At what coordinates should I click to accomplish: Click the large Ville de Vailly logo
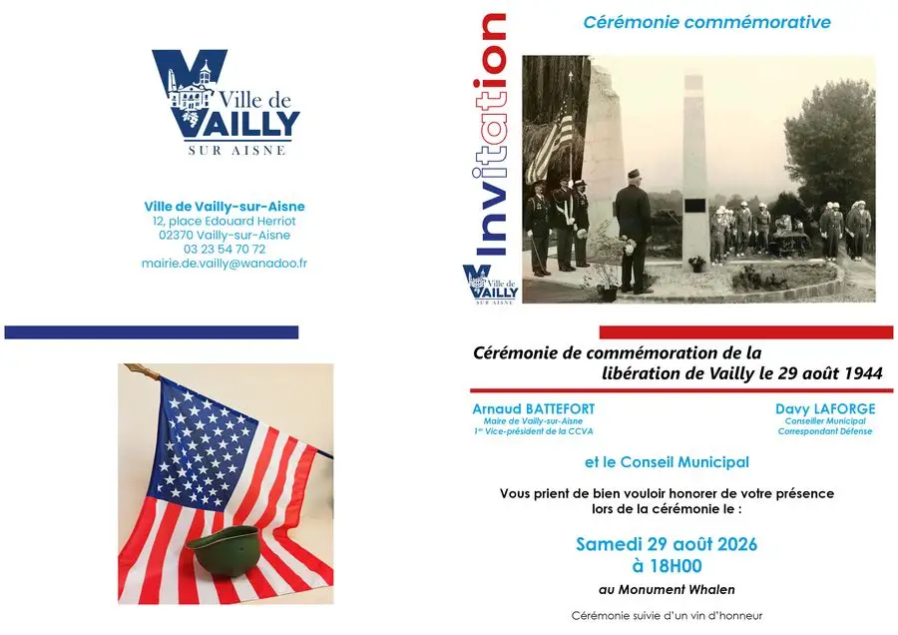225,103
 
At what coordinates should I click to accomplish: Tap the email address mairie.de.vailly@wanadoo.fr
224,264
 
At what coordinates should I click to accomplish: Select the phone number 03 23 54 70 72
224,250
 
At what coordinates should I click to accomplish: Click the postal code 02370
176,235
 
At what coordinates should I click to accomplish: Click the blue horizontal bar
152,332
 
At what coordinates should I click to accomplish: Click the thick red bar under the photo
746,332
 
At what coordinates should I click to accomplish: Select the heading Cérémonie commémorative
706,22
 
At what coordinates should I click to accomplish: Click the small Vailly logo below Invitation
490,285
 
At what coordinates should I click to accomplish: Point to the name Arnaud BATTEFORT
533,409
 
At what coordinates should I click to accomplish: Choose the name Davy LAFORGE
825,409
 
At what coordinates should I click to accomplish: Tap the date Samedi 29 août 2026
667,544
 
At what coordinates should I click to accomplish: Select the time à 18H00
668,566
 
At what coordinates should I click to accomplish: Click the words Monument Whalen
676,590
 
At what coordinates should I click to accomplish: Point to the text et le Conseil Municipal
667,462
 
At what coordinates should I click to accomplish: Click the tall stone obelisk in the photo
694,172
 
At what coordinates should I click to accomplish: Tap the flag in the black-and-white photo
551,141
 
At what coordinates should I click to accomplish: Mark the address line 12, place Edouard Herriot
224,222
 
